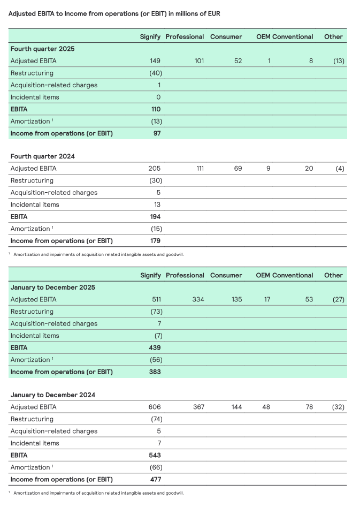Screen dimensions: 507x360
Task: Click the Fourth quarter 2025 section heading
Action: click(42, 49)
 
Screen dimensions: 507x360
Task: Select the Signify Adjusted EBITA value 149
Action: click(155, 61)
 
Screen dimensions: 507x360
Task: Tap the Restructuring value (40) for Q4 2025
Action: click(156, 73)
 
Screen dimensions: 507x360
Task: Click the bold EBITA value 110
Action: click(156, 109)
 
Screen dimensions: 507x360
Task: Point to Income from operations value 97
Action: click(156, 133)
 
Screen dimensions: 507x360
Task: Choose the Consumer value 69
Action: click(238, 169)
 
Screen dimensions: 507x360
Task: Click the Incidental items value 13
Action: click(157, 205)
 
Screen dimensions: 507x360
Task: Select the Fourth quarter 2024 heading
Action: click(42, 156)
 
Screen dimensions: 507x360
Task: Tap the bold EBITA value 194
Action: click(155, 217)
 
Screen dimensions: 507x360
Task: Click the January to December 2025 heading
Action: click(53, 287)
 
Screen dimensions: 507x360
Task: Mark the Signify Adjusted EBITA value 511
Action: click(156, 300)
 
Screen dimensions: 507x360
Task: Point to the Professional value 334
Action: click(198, 300)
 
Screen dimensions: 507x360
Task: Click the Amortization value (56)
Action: click(156, 360)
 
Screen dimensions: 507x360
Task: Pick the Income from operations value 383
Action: click(155, 372)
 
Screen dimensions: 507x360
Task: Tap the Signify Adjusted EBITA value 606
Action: click(155, 407)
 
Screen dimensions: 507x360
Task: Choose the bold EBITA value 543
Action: click(155, 456)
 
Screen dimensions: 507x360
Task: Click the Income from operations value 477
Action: click(155, 479)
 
